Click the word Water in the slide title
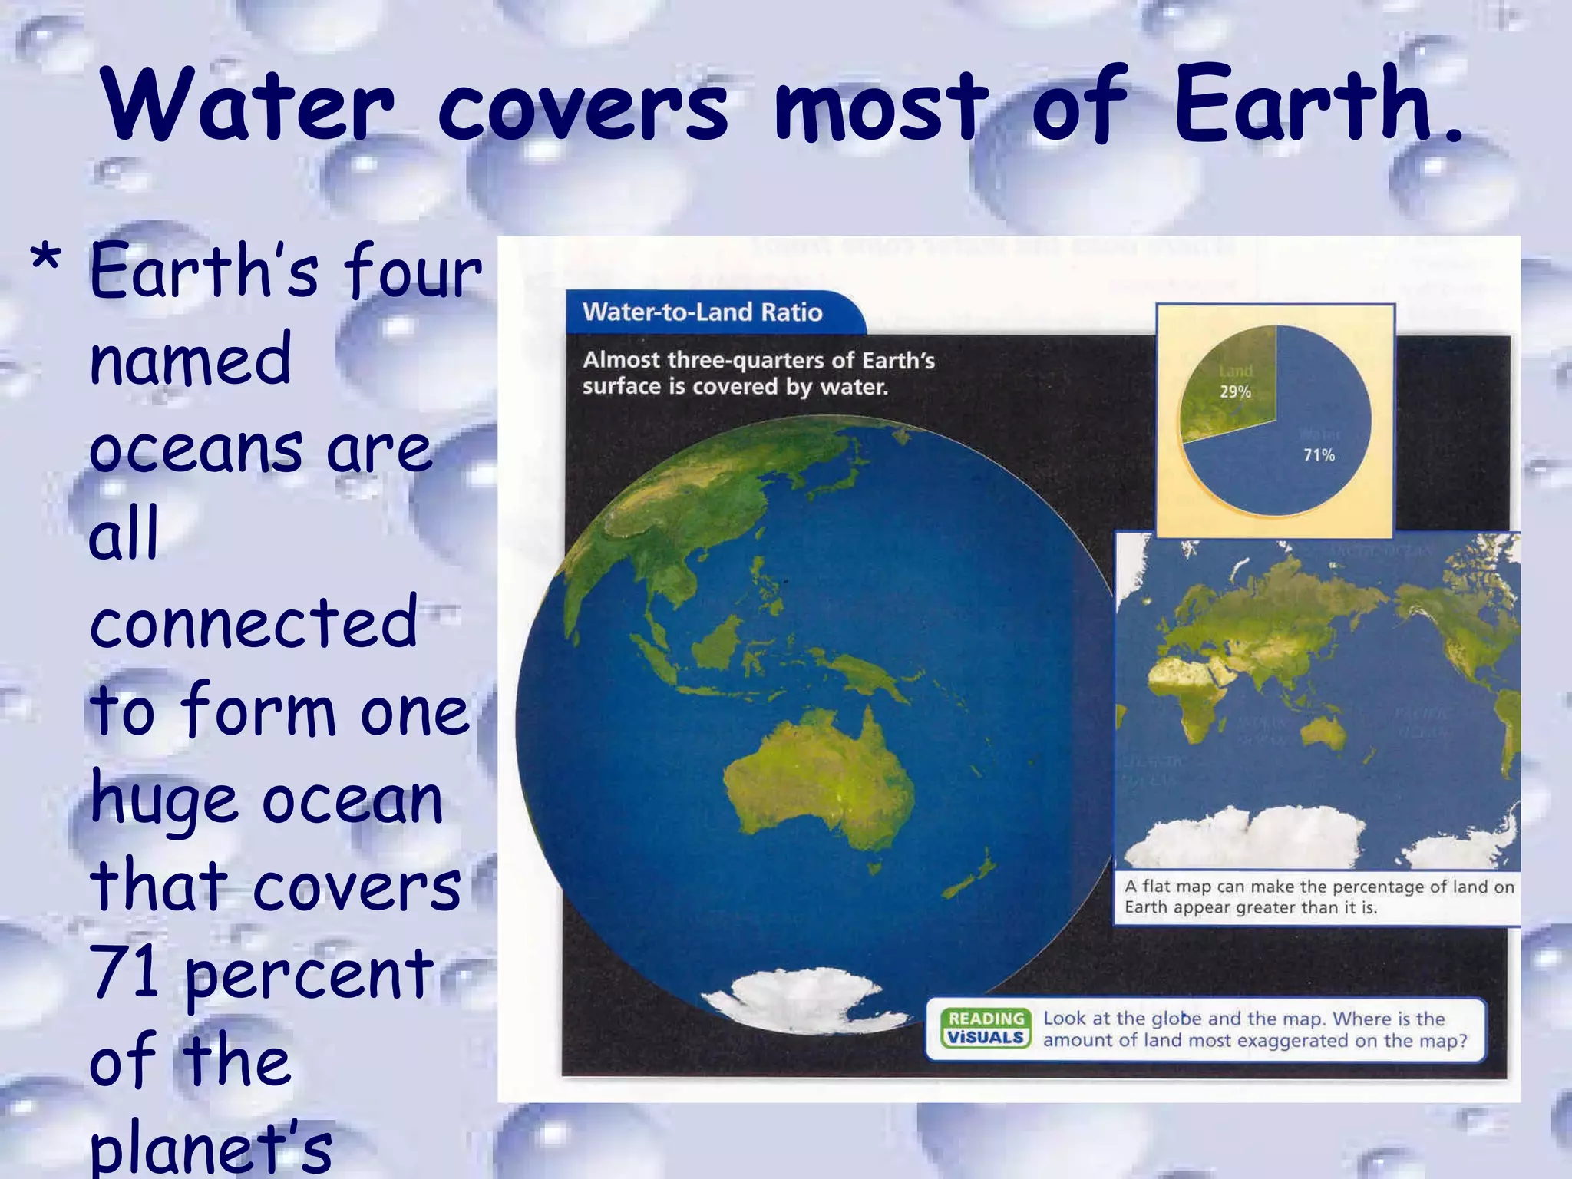point(247,105)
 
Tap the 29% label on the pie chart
point(1235,391)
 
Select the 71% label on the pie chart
point(1319,455)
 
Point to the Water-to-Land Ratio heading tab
point(702,312)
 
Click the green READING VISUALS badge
point(986,1029)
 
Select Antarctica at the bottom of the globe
point(806,998)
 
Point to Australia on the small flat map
point(1322,729)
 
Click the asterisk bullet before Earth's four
point(46,261)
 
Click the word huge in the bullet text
point(163,801)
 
